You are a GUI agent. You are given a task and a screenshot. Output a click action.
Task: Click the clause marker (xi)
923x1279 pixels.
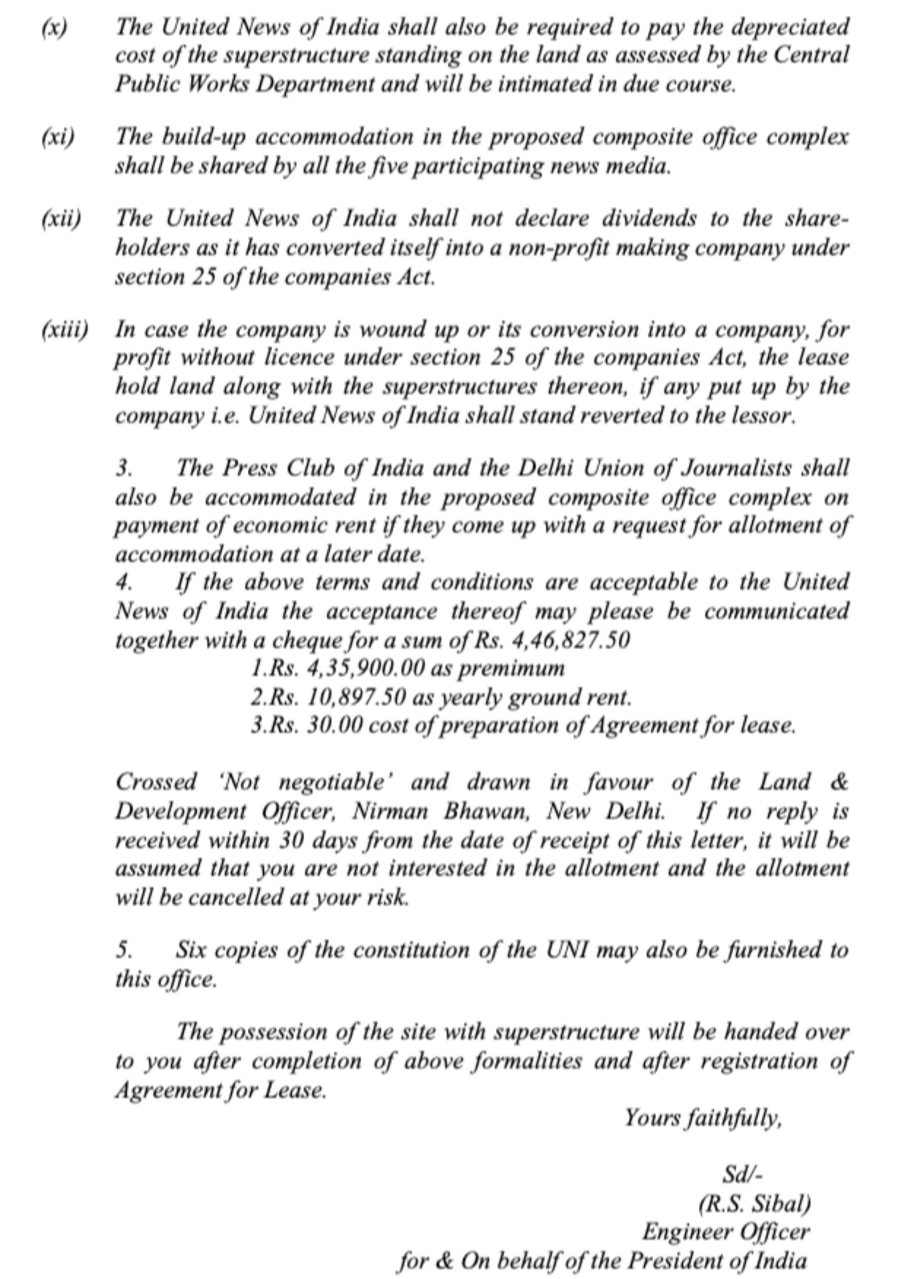coord(57,137)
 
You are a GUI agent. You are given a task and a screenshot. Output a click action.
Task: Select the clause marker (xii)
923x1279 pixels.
coord(61,219)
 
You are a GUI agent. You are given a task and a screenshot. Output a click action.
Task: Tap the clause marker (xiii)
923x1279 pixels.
coord(65,329)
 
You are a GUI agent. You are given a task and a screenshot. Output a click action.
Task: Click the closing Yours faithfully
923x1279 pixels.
coord(703,1118)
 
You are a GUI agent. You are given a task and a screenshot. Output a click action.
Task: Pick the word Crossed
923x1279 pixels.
coord(156,783)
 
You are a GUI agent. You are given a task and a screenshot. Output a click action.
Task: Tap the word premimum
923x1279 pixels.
coord(511,669)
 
